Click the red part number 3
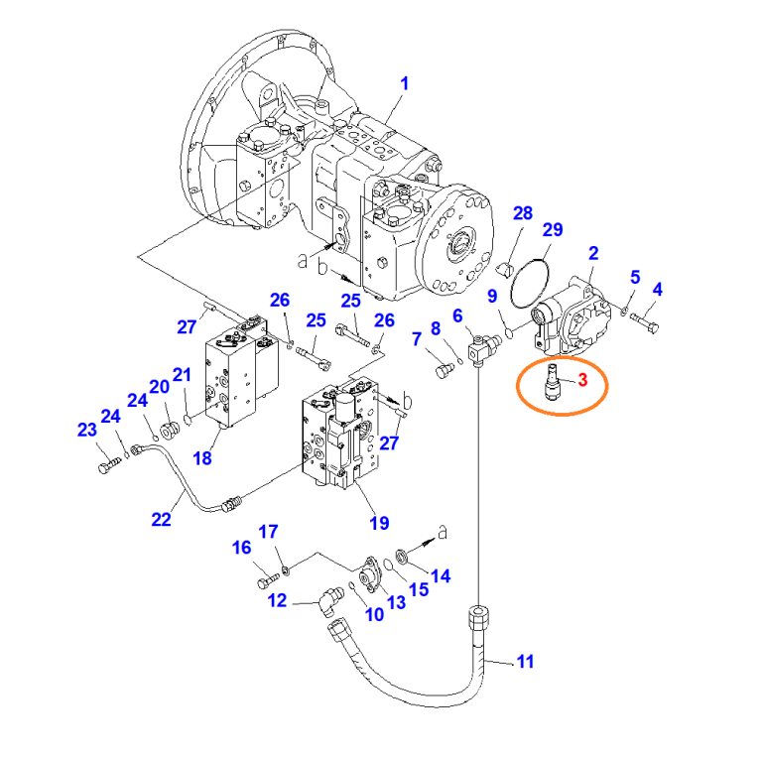coord(582,380)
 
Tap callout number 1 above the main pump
coord(405,84)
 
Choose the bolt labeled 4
coord(645,320)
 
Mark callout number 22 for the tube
coord(162,519)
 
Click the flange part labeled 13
coord(372,573)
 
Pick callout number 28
coord(523,213)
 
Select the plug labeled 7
coord(444,371)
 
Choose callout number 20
coord(159,386)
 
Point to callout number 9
coord(491,295)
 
